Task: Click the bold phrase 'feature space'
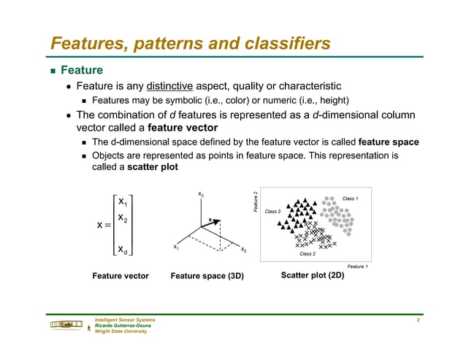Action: (389, 142)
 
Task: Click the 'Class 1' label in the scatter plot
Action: (350, 199)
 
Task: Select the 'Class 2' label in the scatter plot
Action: (308, 254)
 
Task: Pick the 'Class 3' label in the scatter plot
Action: (272, 211)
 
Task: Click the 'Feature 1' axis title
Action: (357, 267)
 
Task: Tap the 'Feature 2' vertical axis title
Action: (256, 202)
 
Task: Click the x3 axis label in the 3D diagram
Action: (200, 194)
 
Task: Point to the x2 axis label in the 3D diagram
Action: (243, 250)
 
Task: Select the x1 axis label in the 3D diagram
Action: (175, 247)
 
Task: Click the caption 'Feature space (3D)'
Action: (207, 276)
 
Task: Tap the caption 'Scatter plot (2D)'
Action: (312, 275)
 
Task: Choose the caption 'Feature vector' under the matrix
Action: (121, 276)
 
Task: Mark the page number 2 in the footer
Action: (417, 321)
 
